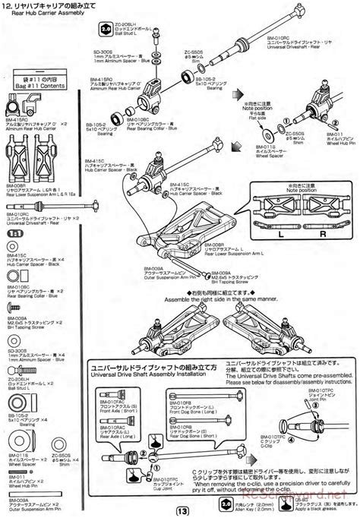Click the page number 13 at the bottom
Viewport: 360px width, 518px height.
pyautogui.click(x=180, y=510)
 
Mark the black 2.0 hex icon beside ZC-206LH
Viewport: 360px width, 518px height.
pyautogui.click(x=105, y=31)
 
